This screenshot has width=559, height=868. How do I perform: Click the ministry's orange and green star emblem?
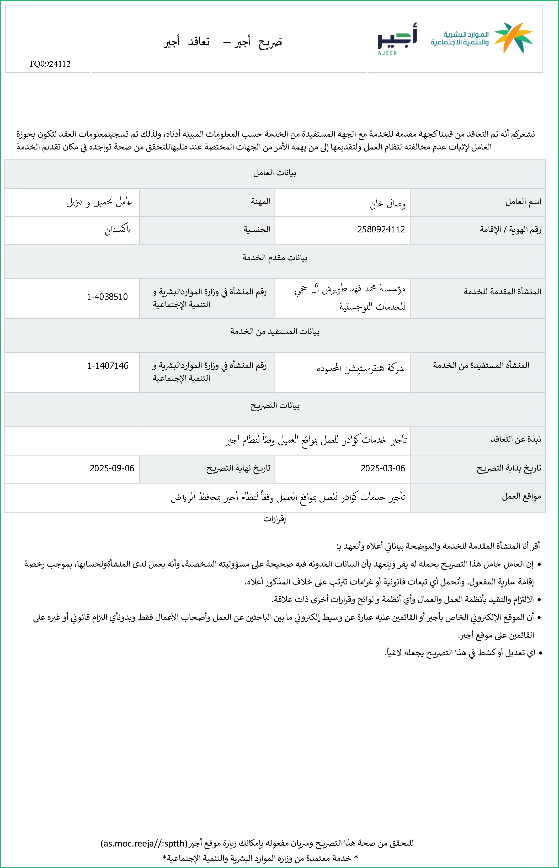click(513, 37)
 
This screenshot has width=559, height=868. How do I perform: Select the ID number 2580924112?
click(381, 229)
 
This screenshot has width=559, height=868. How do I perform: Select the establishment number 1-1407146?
click(108, 366)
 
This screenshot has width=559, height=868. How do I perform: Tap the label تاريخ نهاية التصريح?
click(238, 468)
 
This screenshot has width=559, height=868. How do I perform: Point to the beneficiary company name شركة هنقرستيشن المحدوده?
click(360, 369)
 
